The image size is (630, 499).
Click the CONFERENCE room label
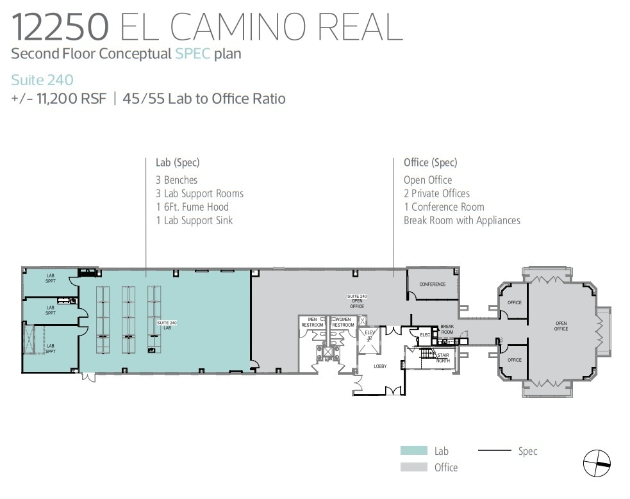click(x=432, y=284)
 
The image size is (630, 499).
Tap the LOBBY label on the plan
click(x=381, y=366)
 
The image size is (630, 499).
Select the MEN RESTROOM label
click(x=313, y=322)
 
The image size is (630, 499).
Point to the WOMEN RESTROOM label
click(x=343, y=322)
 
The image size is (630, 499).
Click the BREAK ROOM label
click(x=447, y=329)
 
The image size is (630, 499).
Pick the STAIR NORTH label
click(x=443, y=357)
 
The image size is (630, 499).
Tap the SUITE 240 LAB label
click(x=166, y=325)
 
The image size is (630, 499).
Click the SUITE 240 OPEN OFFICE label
click(x=357, y=301)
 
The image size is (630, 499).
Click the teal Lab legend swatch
click(x=413, y=451)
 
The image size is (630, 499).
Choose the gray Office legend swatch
click(x=413, y=468)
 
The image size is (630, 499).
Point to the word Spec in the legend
click(x=527, y=451)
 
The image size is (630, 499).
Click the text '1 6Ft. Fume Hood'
click(x=192, y=207)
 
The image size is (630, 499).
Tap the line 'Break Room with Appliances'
click(x=461, y=220)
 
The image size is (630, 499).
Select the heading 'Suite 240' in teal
click(x=42, y=80)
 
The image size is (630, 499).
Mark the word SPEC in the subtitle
click(x=193, y=54)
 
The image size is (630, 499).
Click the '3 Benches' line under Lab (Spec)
click(x=176, y=180)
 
